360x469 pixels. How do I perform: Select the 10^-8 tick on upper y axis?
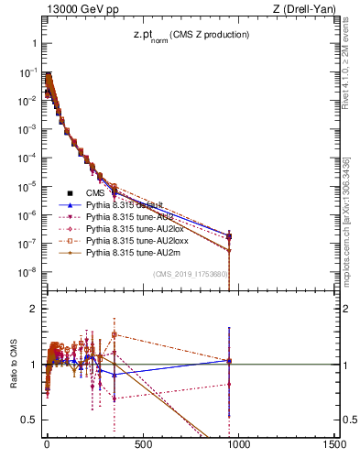[x=27, y=272]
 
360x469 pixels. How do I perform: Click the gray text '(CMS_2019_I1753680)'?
[x=190, y=274]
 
